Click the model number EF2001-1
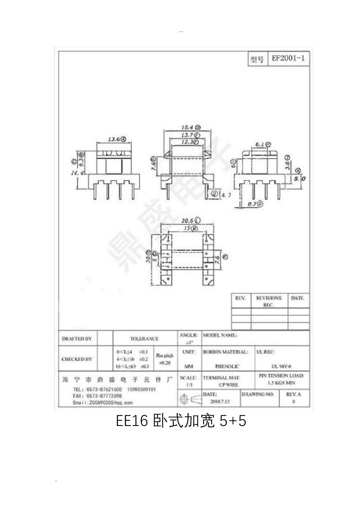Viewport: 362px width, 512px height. (x=288, y=59)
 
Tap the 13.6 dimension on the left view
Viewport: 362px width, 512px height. (x=114, y=139)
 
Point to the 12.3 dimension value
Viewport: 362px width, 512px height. (x=187, y=142)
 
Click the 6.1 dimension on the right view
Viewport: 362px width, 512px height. (x=260, y=144)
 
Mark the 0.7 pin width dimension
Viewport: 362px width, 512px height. (x=252, y=204)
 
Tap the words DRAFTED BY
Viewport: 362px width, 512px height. (x=77, y=339)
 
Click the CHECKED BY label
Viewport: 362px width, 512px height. (x=77, y=359)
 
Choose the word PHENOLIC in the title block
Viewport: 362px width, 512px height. (x=227, y=366)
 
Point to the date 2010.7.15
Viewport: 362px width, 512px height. (x=220, y=402)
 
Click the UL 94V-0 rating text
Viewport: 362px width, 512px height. (x=281, y=366)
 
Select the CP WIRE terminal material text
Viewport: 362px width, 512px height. (x=229, y=385)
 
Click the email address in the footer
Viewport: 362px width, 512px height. (x=103, y=402)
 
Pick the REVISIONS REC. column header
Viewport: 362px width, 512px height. (x=269, y=301)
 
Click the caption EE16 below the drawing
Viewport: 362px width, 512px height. (x=131, y=421)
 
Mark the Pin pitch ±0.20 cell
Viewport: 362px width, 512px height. (x=164, y=359)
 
